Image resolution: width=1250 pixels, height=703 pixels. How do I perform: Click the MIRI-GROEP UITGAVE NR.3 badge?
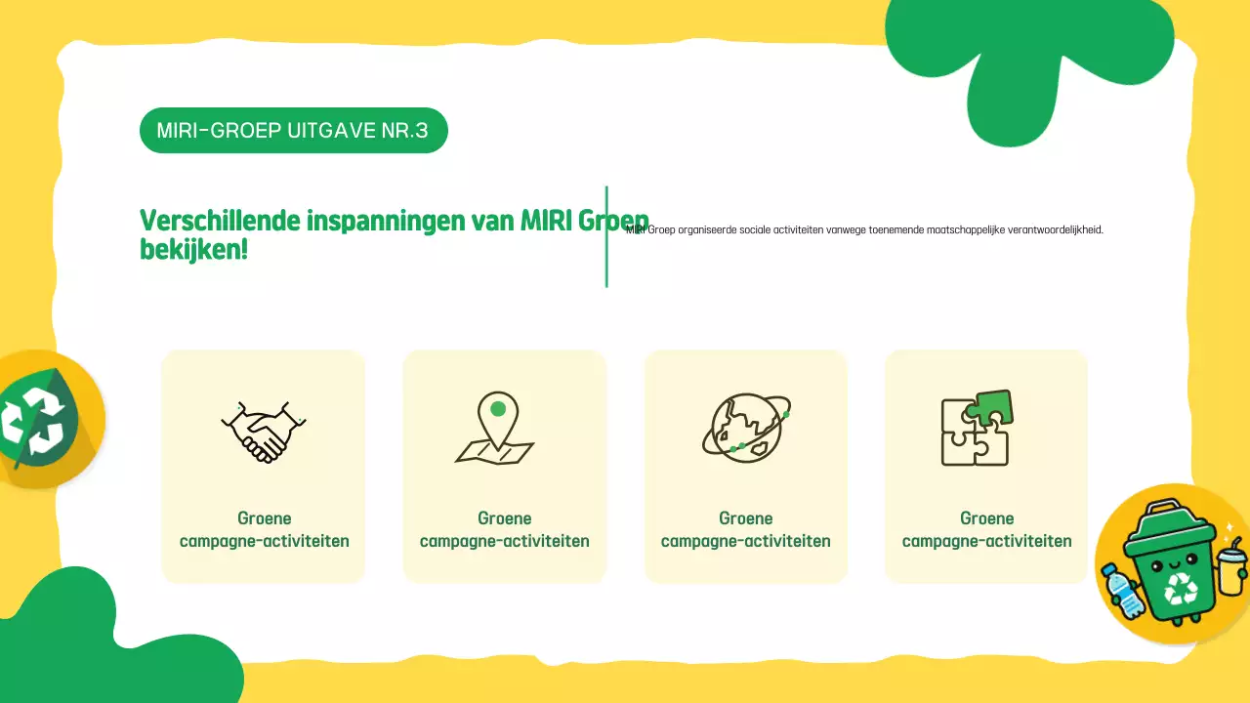(x=293, y=131)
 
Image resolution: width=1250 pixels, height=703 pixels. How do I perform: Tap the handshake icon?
(x=264, y=430)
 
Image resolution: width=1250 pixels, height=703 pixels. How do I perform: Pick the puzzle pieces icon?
(x=976, y=428)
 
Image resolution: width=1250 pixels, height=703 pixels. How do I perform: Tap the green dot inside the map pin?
(x=498, y=409)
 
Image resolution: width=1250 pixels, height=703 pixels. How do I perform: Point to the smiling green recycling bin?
(x=1172, y=561)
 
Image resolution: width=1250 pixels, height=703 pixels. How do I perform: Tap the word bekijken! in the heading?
(x=193, y=249)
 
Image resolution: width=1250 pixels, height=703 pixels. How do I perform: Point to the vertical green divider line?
(x=606, y=237)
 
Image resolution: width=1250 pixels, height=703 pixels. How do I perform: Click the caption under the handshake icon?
(x=264, y=529)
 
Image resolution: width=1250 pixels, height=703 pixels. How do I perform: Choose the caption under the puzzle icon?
(x=986, y=529)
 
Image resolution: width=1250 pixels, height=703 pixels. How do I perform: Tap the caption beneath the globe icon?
(x=745, y=529)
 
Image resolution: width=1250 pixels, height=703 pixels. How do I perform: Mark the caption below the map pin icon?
(x=504, y=529)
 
